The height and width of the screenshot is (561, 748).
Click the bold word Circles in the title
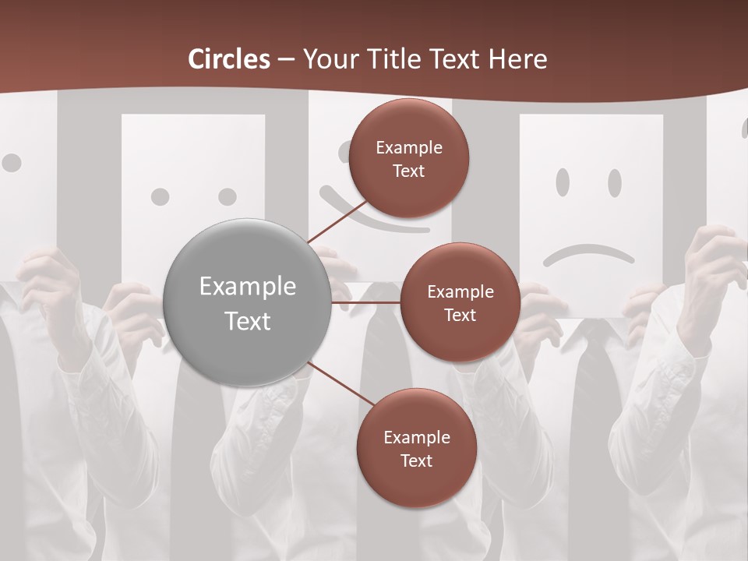pyautogui.click(x=228, y=59)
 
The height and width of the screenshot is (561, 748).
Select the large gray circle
pyautogui.click(x=247, y=302)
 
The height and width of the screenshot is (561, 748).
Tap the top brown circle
pyautogui.click(x=409, y=158)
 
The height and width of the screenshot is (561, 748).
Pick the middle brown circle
pyautogui.click(x=460, y=302)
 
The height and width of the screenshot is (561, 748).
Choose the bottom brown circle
pyautogui.click(x=416, y=448)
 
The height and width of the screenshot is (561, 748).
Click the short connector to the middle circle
pyautogui.click(x=366, y=302)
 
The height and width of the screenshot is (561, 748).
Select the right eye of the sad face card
pyautogui.click(x=615, y=182)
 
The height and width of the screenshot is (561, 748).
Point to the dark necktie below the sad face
pyautogui.click(x=594, y=390)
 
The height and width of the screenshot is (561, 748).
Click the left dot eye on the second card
pyautogui.click(x=160, y=196)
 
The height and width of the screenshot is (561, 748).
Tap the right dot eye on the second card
pyautogui.click(x=227, y=196)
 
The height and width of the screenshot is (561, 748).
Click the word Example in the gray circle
pyautogui.click(x=247, y=287)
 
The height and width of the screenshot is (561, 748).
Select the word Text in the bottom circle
pyautogui.click(x=416, y=460)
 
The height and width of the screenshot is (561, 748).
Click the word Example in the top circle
pyautogui.click(x=409, y=147)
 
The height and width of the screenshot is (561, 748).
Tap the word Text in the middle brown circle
pyautogui.click(x=460, y=315)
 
